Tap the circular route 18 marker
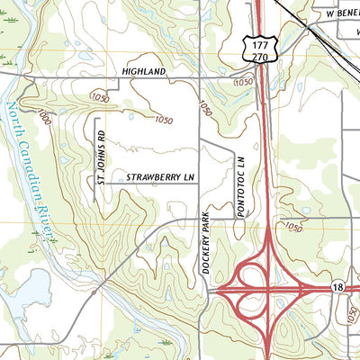(336, 286)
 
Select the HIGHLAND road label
(145, 70)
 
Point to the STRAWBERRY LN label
(160, 178)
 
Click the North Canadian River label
(29, 171)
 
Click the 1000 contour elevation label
(45, 117)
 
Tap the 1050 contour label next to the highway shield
(242, 83)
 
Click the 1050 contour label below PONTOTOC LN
(292, 228)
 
